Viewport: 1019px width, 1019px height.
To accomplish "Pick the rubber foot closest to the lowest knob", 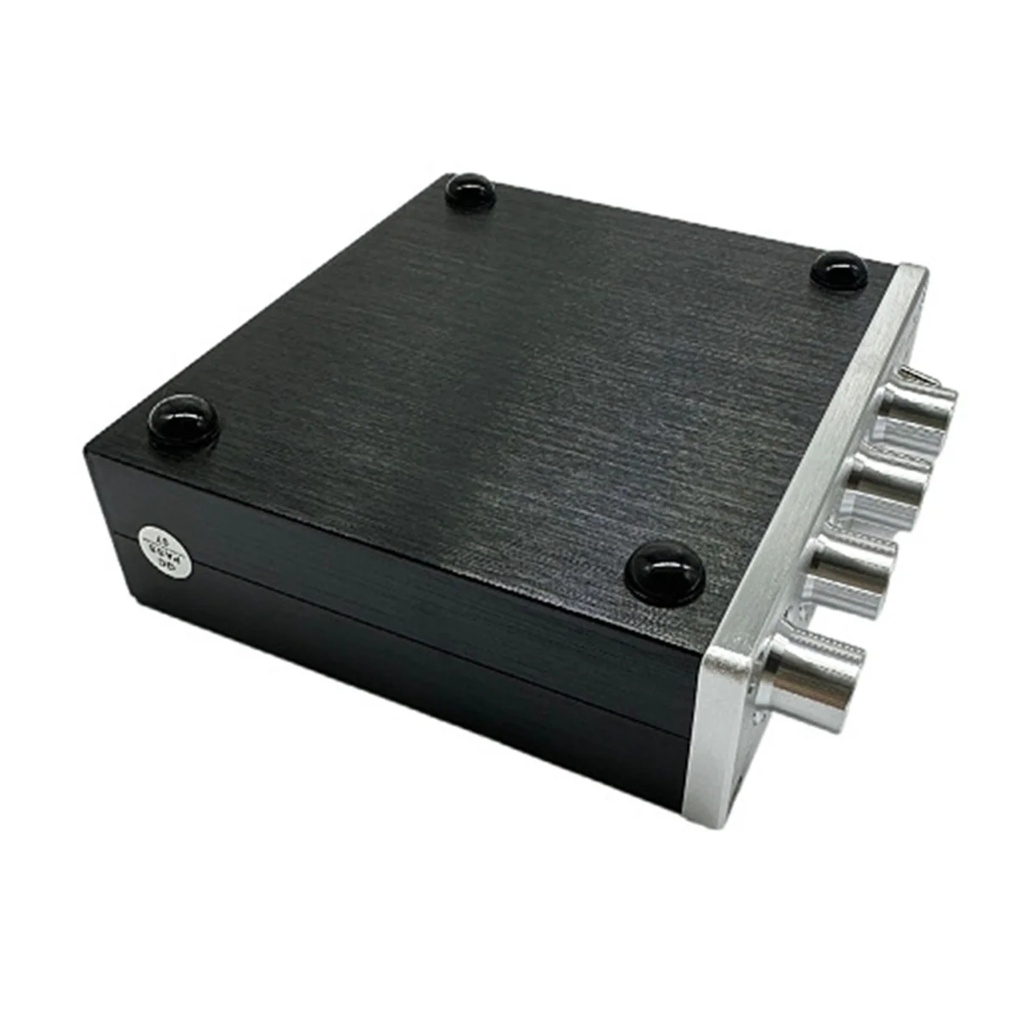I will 664,569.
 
